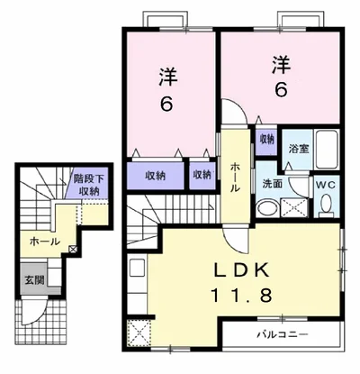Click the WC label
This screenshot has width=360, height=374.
coord(327,186)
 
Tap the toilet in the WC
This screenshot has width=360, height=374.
coord(326,206)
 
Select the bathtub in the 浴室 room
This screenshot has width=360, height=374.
coord(327,150)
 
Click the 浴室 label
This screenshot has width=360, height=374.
coord(299,149)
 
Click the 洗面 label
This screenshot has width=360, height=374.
coord(273,184)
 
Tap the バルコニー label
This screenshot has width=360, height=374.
coord(282,334)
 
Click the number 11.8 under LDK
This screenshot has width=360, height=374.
coord(242,295)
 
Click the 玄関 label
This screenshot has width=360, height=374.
coord(34,280)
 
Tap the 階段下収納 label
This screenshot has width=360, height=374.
coord(89,186)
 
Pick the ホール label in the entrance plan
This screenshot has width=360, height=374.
coord(45,242)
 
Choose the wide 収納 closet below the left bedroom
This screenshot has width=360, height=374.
coord(156,176)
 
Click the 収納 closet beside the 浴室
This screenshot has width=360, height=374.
coord(266,140)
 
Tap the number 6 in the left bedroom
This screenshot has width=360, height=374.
coord(166,105)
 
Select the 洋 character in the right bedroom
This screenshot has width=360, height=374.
coord(282,65)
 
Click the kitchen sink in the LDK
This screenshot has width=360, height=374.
coord(138,268)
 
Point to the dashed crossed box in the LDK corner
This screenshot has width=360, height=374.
coord(139,333)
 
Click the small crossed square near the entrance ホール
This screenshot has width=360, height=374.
coord(73,249)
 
